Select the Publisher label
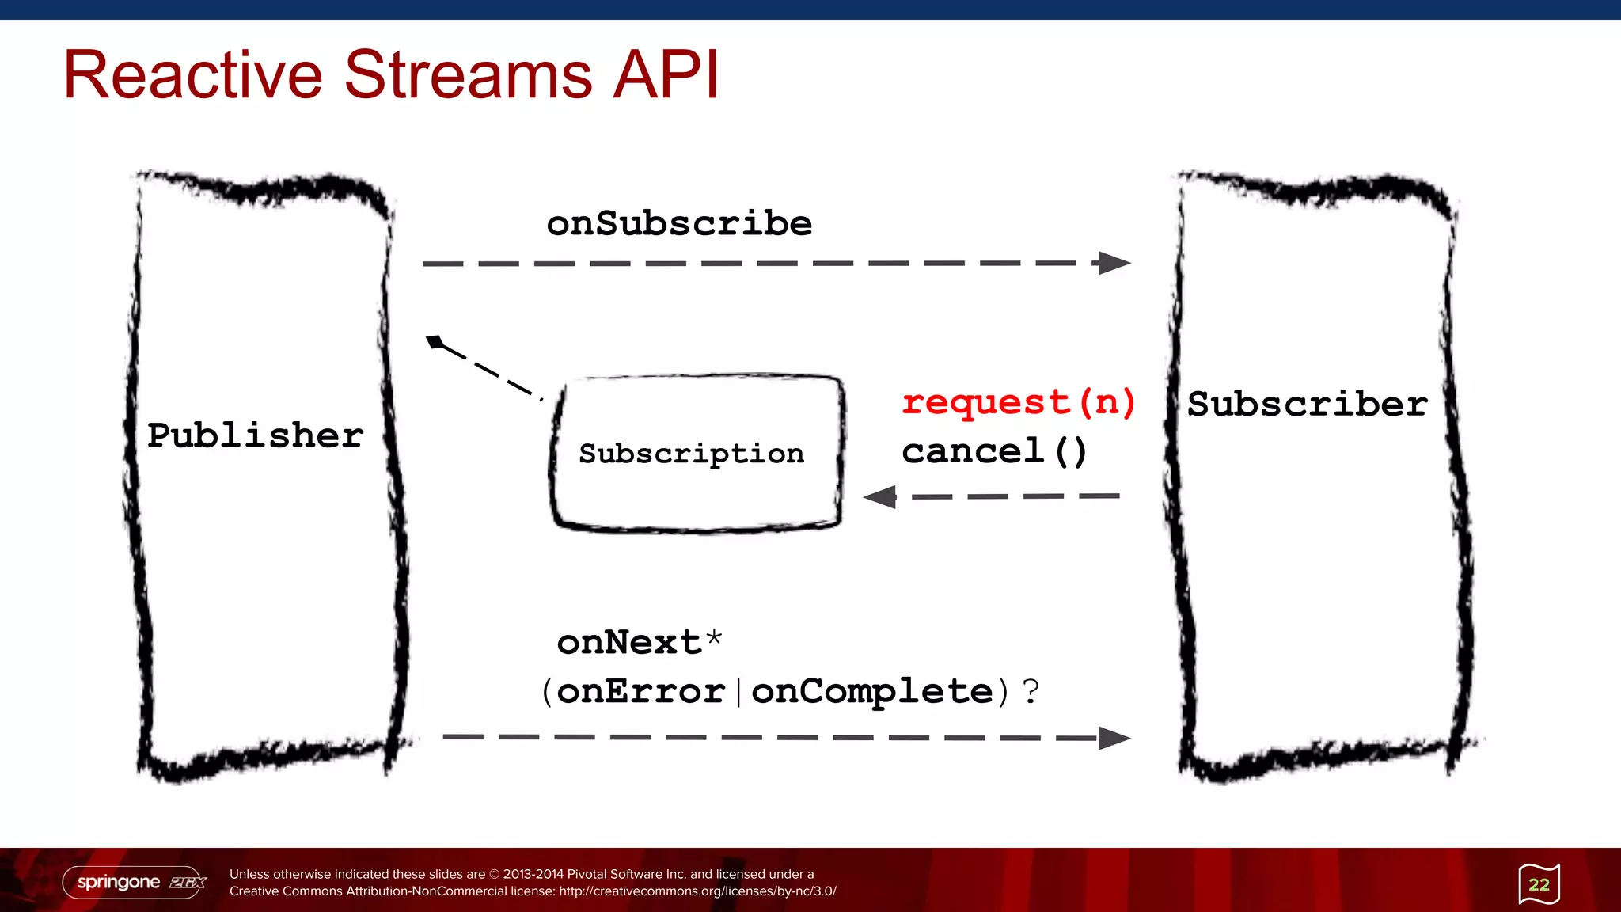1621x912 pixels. pyautogui.click(x=255, y=435)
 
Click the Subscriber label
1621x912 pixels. pyautogui.click(x=1307, y=404)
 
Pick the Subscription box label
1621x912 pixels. pyautogui.click(x=691, y=454)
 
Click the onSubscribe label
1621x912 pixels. pyautogui.click(x=679, y=223)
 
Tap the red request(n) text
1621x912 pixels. pyautogui.click(x=1019, y=402)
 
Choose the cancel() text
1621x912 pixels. pyautogui.click(x=994, y=451)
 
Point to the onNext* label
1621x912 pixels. pyautogui.click(x=639, y=641)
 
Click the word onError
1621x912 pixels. pyautogui.click(x=641, y=691)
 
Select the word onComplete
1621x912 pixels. pyautogui.click(x=871, y=691)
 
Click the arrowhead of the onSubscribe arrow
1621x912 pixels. pyautogui.click(x=1114, y=263)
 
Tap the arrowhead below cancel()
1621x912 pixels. pyautogui.click(x=880, y=497)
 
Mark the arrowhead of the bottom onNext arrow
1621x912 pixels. pyautogui.click(x=1114, y=738)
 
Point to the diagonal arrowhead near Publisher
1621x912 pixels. pyautogui.click(x=435, y=342)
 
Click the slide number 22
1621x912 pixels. pyautogui.click(x=1539, y=884)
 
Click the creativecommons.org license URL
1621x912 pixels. pyautogui.click(x=697, y=891)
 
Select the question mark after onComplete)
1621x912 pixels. pyautogui.click(x=1030, y=691)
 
